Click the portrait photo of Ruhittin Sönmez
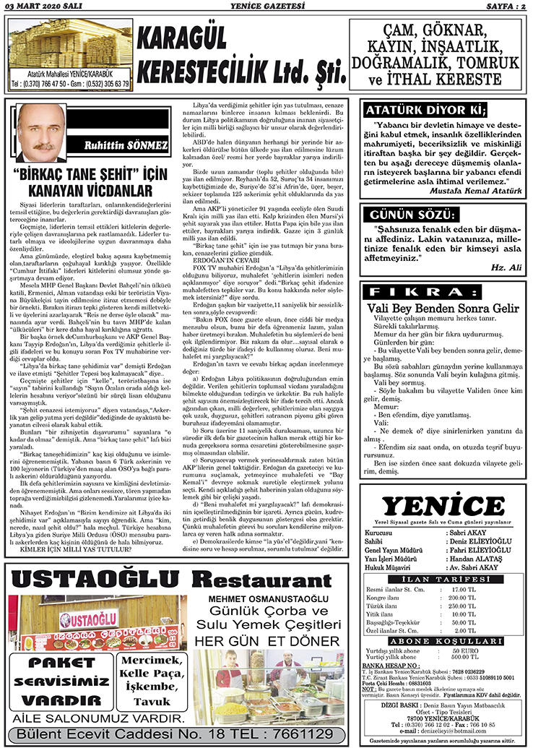(39, 133)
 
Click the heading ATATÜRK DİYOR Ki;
(422, 111)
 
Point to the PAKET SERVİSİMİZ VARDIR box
(59, 680)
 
